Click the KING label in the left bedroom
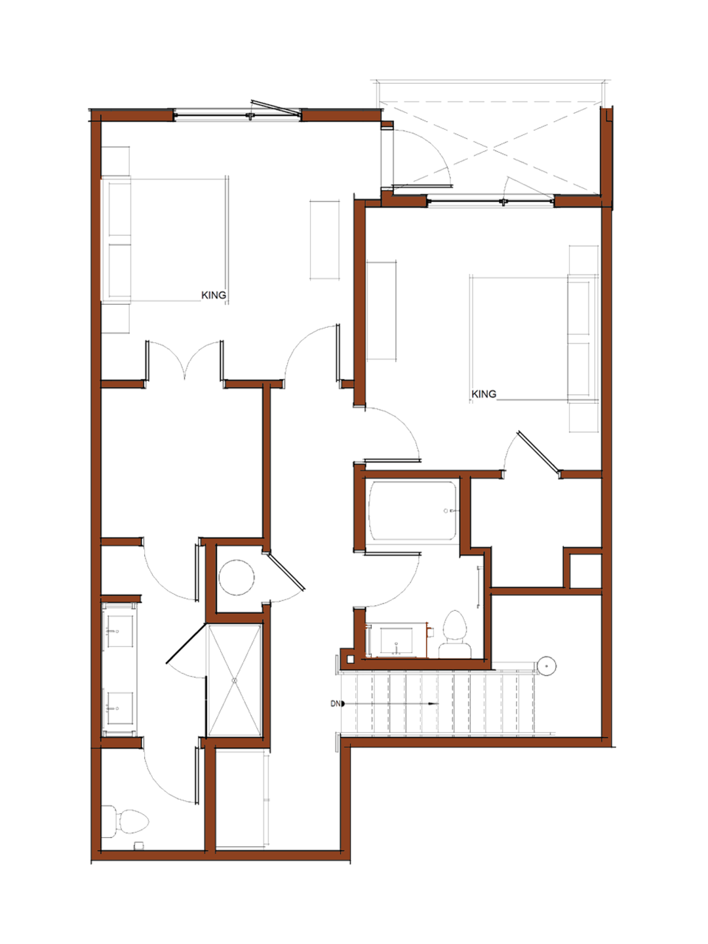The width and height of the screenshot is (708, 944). pos(214,296)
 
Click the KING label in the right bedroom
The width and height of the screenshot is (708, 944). pos(484,394)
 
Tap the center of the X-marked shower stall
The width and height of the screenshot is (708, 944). pos(234,682)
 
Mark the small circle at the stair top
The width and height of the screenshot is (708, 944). pos(545,666)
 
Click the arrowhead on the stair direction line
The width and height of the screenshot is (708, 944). pos(432,704)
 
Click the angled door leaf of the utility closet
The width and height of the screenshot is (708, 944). pos(287,568)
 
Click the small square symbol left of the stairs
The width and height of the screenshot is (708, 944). pos(351,659)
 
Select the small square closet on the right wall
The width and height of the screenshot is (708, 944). pos(583,571)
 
